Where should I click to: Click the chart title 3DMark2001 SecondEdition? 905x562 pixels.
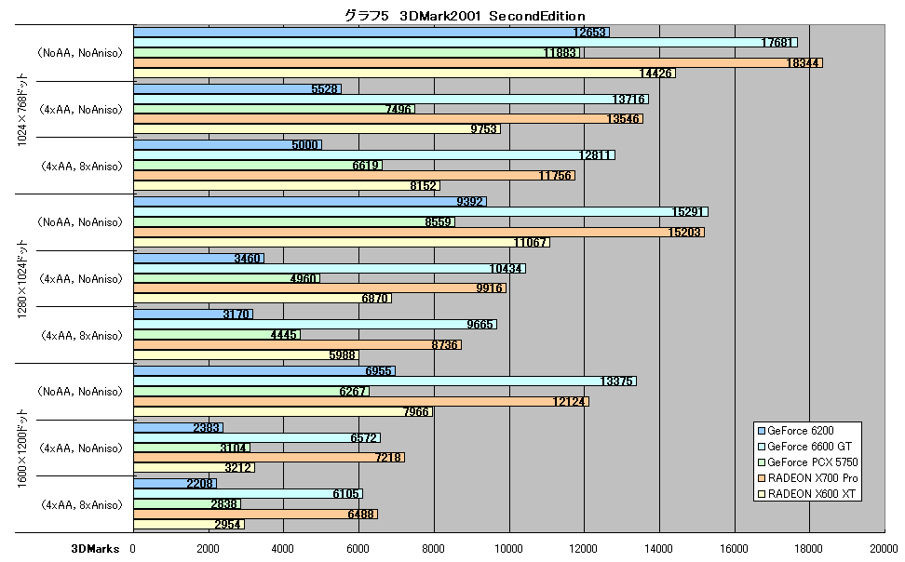point(465,16)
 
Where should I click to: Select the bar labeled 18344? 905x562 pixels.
point(478,63)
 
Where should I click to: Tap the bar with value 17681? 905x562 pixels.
point(466,42)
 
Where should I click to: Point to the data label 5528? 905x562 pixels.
point(324,88)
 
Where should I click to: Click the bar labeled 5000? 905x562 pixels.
point(227,145)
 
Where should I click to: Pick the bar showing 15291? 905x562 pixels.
point(421,212)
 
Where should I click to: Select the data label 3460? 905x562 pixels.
point(247,259)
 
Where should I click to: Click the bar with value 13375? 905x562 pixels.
point(385,381)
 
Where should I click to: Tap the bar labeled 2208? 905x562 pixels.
point(175,484)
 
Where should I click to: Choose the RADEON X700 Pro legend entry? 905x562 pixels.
point(807,477)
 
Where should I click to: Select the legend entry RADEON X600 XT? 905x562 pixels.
point(806,494)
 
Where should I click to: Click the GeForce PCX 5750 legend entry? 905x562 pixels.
point(807,462)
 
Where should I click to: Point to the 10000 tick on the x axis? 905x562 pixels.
point(508,549)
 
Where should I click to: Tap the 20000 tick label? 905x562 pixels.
point(885,549)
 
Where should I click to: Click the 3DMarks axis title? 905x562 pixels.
point(95,549)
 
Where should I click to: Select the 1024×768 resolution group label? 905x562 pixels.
point(22,109)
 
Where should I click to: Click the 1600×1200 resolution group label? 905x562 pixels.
point(22,448)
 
